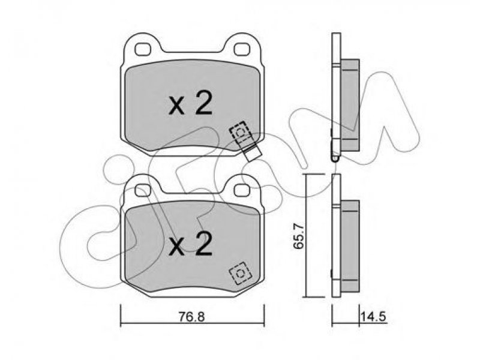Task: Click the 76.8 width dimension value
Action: point(191,317)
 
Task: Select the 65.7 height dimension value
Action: point(298,236)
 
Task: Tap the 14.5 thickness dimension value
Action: point(374,317)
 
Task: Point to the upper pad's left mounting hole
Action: point(143,49)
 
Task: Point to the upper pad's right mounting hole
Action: point(242,49)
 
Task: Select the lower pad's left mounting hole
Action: point(143,190)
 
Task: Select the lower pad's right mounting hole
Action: point(242,190)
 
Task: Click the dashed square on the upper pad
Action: point(241,132)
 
